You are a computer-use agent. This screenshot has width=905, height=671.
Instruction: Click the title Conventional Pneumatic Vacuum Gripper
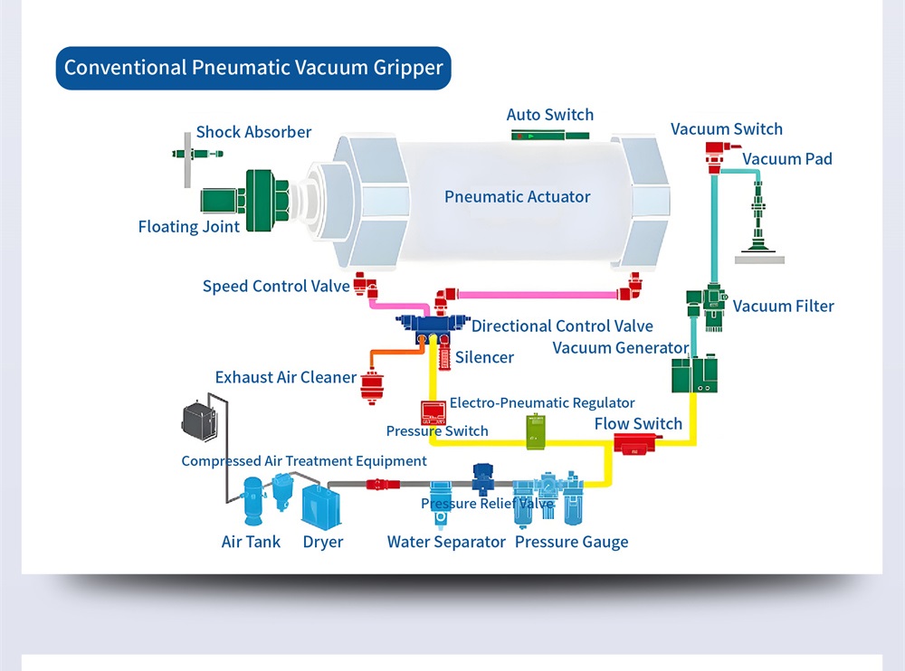coord(253,68)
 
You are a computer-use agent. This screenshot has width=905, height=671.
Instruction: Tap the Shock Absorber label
coord(253,132)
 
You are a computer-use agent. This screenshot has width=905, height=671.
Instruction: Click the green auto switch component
coord(549,137)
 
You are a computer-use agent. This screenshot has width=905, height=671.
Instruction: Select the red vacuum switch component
coord(719,156)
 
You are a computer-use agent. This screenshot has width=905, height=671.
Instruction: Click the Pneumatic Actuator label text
coord(517,197)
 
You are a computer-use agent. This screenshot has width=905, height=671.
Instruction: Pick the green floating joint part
coord(244,200)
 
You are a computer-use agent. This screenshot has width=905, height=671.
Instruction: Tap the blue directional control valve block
coord(433,326)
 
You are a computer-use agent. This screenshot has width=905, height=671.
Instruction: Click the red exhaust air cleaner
coord(372,386)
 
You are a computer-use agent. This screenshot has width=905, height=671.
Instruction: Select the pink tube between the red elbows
coord(537,295)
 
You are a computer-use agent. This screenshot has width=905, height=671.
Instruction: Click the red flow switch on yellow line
coord(635,444)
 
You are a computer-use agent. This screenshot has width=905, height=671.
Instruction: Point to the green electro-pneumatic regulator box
coord(535,431)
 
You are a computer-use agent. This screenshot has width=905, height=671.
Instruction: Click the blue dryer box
coord(321,507)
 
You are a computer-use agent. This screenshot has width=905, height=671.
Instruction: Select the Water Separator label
coord(446,542)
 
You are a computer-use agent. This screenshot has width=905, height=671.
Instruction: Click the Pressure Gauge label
coord(571,543)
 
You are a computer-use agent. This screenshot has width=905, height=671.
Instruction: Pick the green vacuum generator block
coord(694,374)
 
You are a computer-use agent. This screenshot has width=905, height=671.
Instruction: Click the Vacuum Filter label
coord(783,307)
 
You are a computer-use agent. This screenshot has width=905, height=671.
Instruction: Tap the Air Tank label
coord(251,542)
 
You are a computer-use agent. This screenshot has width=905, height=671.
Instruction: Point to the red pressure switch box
coord(433,412)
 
